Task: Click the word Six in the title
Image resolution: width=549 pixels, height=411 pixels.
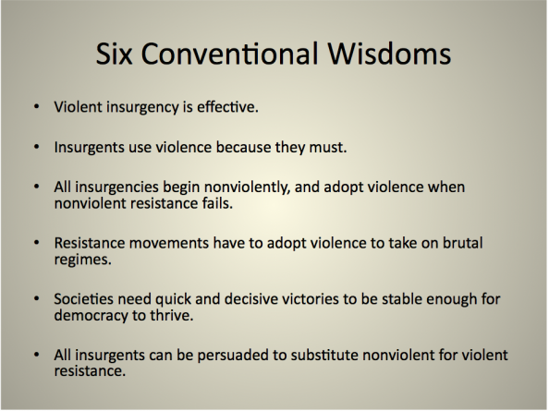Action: pos(114,54)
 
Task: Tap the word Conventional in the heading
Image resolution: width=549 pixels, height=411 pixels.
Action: pos(230,54)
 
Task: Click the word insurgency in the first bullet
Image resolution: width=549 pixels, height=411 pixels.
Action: pos(142,108)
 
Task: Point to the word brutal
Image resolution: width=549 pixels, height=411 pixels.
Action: pos(462,243)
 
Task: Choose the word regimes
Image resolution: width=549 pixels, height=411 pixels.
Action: pos(82,260)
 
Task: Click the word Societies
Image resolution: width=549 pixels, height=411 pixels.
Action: pos(84,299)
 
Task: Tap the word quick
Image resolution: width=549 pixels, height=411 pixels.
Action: pos(173,300)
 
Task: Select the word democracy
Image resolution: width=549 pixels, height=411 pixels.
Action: pos(91,316)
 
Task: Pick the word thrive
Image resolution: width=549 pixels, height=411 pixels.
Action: pos(172,315)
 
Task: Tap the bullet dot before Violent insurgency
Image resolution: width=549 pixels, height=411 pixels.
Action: pos(37,106)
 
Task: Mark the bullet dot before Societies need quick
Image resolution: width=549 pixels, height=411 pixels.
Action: pos(37,298)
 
